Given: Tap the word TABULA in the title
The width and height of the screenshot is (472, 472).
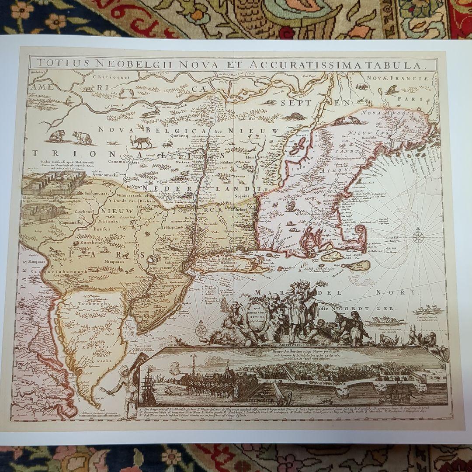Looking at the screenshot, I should pyautogui.click(x=399, y=66).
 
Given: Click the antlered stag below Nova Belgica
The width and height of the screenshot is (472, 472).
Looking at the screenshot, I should pyautogui.click(x=142, y=141).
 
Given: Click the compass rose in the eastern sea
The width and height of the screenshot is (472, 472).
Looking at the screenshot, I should pyautogui.click(x=418, y=238).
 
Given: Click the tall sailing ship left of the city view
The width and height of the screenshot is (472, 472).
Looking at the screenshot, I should pyautogui.click(x=149, y=385).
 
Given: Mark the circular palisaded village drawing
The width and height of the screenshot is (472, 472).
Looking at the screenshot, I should pyautogui.click(x=39, y=212).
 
